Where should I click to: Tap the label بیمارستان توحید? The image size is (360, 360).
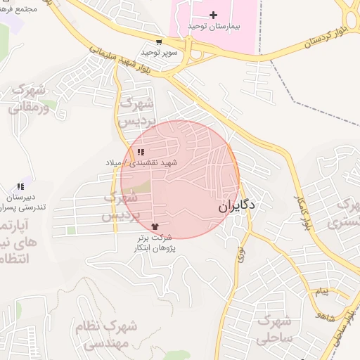(214, 26)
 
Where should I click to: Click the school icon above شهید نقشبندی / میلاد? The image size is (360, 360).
(141, 152)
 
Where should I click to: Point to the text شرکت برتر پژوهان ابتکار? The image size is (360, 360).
(155, 243)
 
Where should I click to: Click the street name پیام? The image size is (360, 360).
(321, 291)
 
